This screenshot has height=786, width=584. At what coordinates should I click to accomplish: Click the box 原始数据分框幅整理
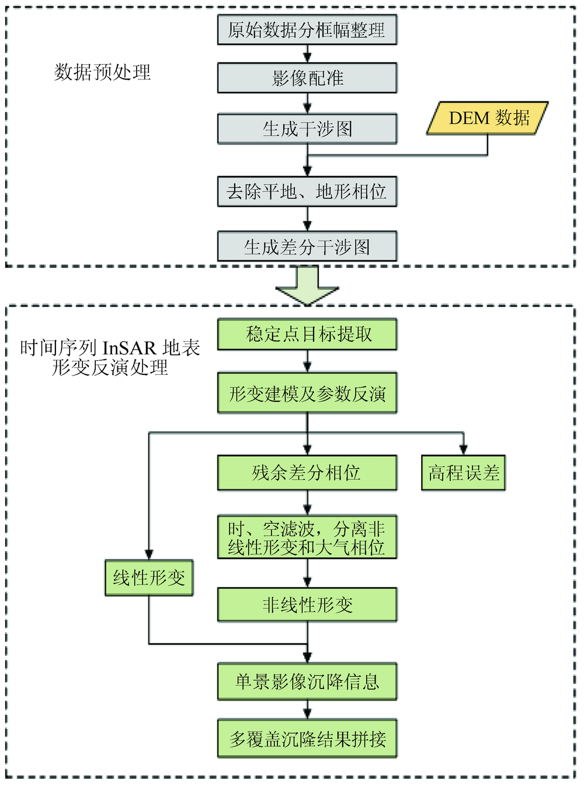[307, 30]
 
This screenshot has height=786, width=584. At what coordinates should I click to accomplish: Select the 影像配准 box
[307, 78]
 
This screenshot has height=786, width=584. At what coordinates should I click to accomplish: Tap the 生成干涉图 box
[307, 128]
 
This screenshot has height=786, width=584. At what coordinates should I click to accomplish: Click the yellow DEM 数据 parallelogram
[488, 118]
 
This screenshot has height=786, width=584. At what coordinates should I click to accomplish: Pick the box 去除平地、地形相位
[307, 192]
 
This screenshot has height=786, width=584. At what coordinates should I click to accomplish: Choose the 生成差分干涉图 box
[307, 247]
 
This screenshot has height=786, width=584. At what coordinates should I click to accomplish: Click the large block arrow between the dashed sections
[307, 286]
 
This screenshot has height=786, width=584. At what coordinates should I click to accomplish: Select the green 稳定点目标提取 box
[307, 334]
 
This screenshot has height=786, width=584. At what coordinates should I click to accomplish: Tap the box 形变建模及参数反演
[307, 394]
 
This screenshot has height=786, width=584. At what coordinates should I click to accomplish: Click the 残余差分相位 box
[307, 472]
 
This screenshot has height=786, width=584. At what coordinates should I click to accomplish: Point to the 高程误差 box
[464, 472]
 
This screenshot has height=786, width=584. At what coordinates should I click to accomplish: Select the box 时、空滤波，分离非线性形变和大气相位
[307, 537]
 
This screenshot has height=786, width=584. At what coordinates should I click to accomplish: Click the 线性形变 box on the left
[149, 578]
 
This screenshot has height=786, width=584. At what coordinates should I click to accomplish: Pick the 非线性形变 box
[307, 604]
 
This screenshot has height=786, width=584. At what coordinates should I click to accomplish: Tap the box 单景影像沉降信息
[307, 681]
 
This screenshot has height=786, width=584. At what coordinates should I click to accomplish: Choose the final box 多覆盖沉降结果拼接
[307, 739]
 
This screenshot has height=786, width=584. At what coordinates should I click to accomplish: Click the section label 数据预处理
[103, 72]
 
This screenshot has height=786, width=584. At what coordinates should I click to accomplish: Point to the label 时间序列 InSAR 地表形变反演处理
[110, 357]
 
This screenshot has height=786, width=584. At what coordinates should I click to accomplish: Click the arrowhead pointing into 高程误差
[464, 450]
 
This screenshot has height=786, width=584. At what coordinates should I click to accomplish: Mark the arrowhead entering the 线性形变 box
[149, 555]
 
